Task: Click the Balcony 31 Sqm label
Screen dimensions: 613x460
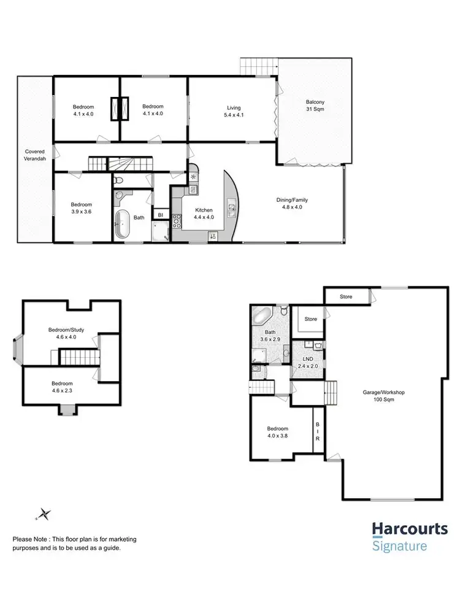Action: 315,106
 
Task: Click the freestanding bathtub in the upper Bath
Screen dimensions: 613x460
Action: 122,224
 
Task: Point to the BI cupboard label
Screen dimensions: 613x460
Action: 160,215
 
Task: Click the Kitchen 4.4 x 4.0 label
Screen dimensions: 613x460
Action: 204,213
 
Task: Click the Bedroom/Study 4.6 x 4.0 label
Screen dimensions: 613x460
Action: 66,333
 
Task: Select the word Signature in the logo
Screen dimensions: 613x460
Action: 399,546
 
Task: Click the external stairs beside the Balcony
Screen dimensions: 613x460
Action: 258,64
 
